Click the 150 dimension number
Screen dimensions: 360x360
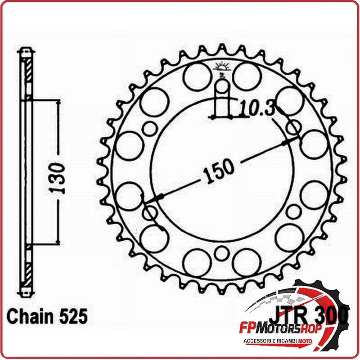[x=219, y=171]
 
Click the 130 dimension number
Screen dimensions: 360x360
[x=57, y=178]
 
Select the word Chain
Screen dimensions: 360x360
[x=30, y=316]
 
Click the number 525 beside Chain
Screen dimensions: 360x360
[x=73, y=316]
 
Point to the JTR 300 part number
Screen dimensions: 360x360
[x=309, y=316]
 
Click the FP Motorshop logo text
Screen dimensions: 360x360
[x=280, y=329]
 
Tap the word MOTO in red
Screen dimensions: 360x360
[x=305, y=341]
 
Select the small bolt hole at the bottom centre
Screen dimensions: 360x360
[x=221, y=253]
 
